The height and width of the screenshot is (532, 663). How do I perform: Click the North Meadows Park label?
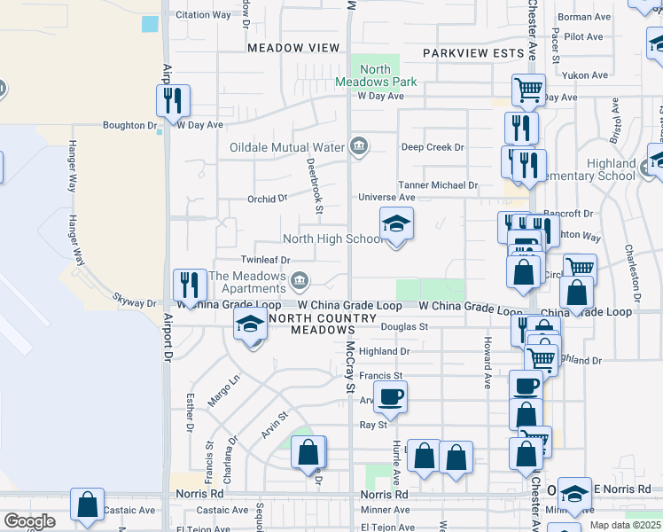pos(376,75)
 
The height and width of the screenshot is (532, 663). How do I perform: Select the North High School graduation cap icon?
pos(396,225)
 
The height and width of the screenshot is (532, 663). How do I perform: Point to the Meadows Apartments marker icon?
pos(300,282)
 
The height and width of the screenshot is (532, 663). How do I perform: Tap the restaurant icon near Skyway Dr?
pos(190,285)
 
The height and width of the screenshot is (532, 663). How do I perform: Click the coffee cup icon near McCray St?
pos(390,397)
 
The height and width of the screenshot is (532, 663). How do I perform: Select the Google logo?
pos(28,521)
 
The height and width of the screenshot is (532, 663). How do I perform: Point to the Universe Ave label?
pos(386,197)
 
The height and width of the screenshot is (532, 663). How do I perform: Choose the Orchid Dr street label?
pos(269,199)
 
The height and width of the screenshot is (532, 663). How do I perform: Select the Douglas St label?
pos(404,326)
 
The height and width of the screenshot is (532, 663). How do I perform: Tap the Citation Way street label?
pos(203,15)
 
